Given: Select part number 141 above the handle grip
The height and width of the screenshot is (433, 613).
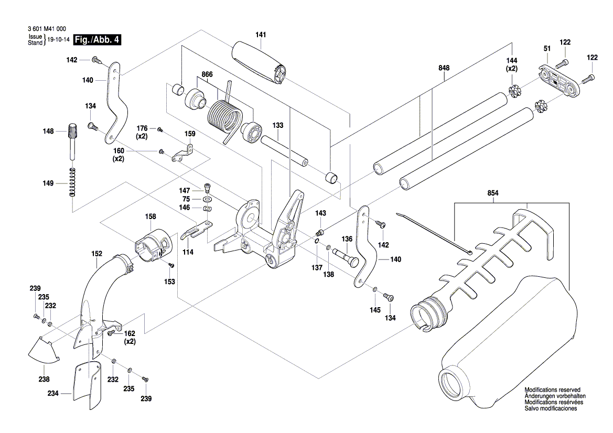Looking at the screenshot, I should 261,35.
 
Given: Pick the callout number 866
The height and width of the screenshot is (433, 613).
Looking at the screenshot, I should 208,75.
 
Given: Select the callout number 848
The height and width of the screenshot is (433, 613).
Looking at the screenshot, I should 444,68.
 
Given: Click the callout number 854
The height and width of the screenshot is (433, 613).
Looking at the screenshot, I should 492,193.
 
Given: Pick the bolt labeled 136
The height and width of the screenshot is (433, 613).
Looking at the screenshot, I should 347,255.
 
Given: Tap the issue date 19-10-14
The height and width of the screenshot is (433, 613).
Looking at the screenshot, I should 59,40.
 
